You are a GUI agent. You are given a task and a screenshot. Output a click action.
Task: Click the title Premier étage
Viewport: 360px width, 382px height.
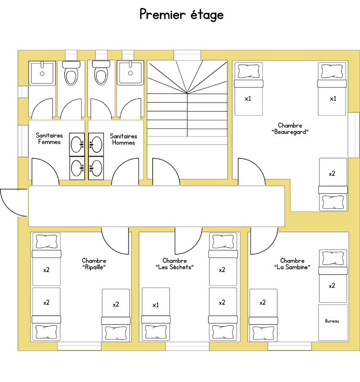pyautogui.click(x=182, y=15)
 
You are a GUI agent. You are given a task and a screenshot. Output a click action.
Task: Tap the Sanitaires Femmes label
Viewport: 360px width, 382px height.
pyautogui.click(x=49, y=138)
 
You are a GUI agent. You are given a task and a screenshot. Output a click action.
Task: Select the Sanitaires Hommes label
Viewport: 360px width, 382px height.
pyautogui.click(x=123, y=139)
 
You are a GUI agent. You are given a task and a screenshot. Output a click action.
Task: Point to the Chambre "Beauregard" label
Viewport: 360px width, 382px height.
pyautogui.click(x=290, y=128)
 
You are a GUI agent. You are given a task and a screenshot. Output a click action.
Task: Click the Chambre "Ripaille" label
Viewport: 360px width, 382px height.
pyautogui.click(x=94, y=264)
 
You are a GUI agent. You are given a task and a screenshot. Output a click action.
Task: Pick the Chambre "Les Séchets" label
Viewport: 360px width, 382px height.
pyautogui.click(x=175, y=264)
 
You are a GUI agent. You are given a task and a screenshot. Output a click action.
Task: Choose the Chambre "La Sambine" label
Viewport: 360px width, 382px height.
pyautogui.click(x=292, y=264)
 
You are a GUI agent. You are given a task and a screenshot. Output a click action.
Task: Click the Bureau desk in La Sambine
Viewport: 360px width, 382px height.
pyautogui.click(x=333, y=323)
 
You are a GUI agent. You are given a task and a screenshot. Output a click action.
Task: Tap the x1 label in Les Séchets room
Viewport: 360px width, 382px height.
pyautogui.click(x=155, y=305)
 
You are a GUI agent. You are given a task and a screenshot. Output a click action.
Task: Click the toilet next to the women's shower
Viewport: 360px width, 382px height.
pyautogui.click(x=71, y=73)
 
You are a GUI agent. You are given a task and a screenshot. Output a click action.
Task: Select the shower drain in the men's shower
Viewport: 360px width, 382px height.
pyautogui.click(x=130, y=73)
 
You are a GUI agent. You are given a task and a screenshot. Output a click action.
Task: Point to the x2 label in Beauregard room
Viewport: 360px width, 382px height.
pyautogui.click(x=332, y=174)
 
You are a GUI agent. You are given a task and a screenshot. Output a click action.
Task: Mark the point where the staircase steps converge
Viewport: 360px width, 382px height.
pyautogui.click(x=187, y=93)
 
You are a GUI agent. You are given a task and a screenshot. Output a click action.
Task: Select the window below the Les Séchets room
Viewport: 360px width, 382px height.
pyautogui.click(x=187, y=346)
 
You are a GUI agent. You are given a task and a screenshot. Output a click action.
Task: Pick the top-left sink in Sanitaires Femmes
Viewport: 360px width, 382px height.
pyautogui.click(x=77, y=145)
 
